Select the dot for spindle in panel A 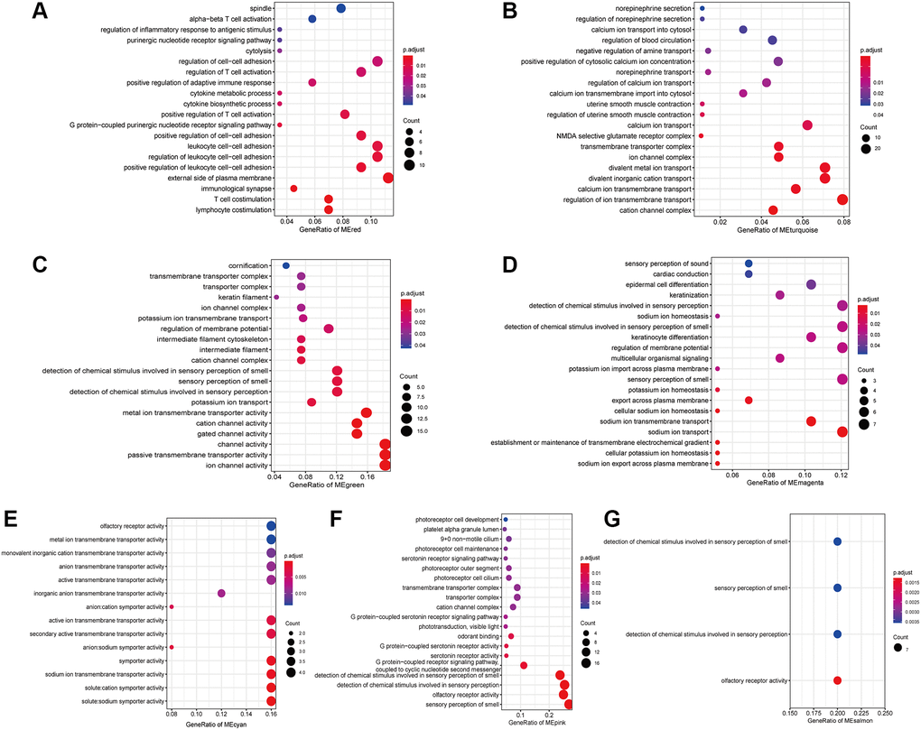point(341,8)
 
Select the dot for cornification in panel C point(286,265)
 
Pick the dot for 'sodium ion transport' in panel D point(842,432)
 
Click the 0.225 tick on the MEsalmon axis point(862,712)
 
